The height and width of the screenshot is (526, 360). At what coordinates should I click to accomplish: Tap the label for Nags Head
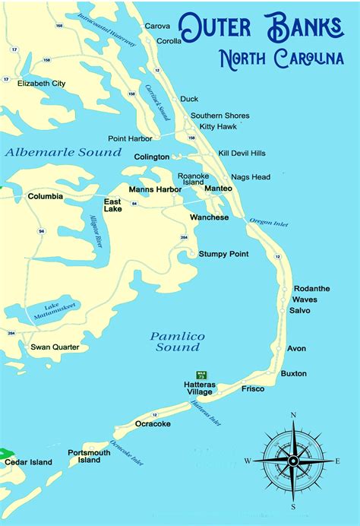click(x=251, y=177)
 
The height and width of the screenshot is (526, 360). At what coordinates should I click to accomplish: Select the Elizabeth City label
click(x=42, y=83)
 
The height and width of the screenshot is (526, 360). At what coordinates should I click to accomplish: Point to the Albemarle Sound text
click(x=63, y=152)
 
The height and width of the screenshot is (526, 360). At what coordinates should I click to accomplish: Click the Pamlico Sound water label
click(x=175, y=341)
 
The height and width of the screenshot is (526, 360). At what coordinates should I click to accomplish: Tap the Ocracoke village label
click(x=153, y=423)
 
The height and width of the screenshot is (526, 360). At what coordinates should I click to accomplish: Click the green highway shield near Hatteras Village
click(x=201, y=374)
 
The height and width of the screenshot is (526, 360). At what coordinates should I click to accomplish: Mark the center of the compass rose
click(x=293, y=461)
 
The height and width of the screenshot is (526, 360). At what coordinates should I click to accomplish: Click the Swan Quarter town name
click(x=55, y=347)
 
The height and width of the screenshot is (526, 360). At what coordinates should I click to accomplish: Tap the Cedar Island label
click(x=29, y=462)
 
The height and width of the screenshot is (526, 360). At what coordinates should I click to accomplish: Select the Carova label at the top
click(x=157, y=26)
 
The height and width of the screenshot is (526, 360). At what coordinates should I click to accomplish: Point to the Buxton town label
click(x=293, y=373)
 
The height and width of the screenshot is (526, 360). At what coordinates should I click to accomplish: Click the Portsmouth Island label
click(x=89, y=456)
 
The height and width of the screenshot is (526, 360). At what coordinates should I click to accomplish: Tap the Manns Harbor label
click(x=155, y=189)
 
